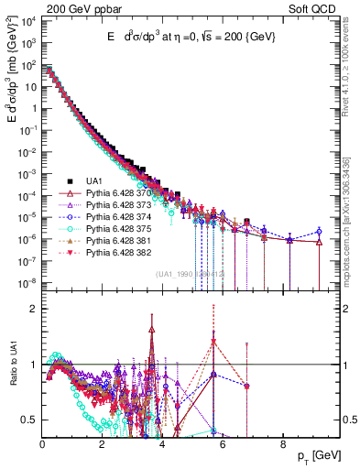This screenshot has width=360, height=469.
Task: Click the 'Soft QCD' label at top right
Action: (316, 9)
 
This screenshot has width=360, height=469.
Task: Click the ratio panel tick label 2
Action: (33, 309)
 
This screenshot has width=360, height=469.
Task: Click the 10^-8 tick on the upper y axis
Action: (27, 282)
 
